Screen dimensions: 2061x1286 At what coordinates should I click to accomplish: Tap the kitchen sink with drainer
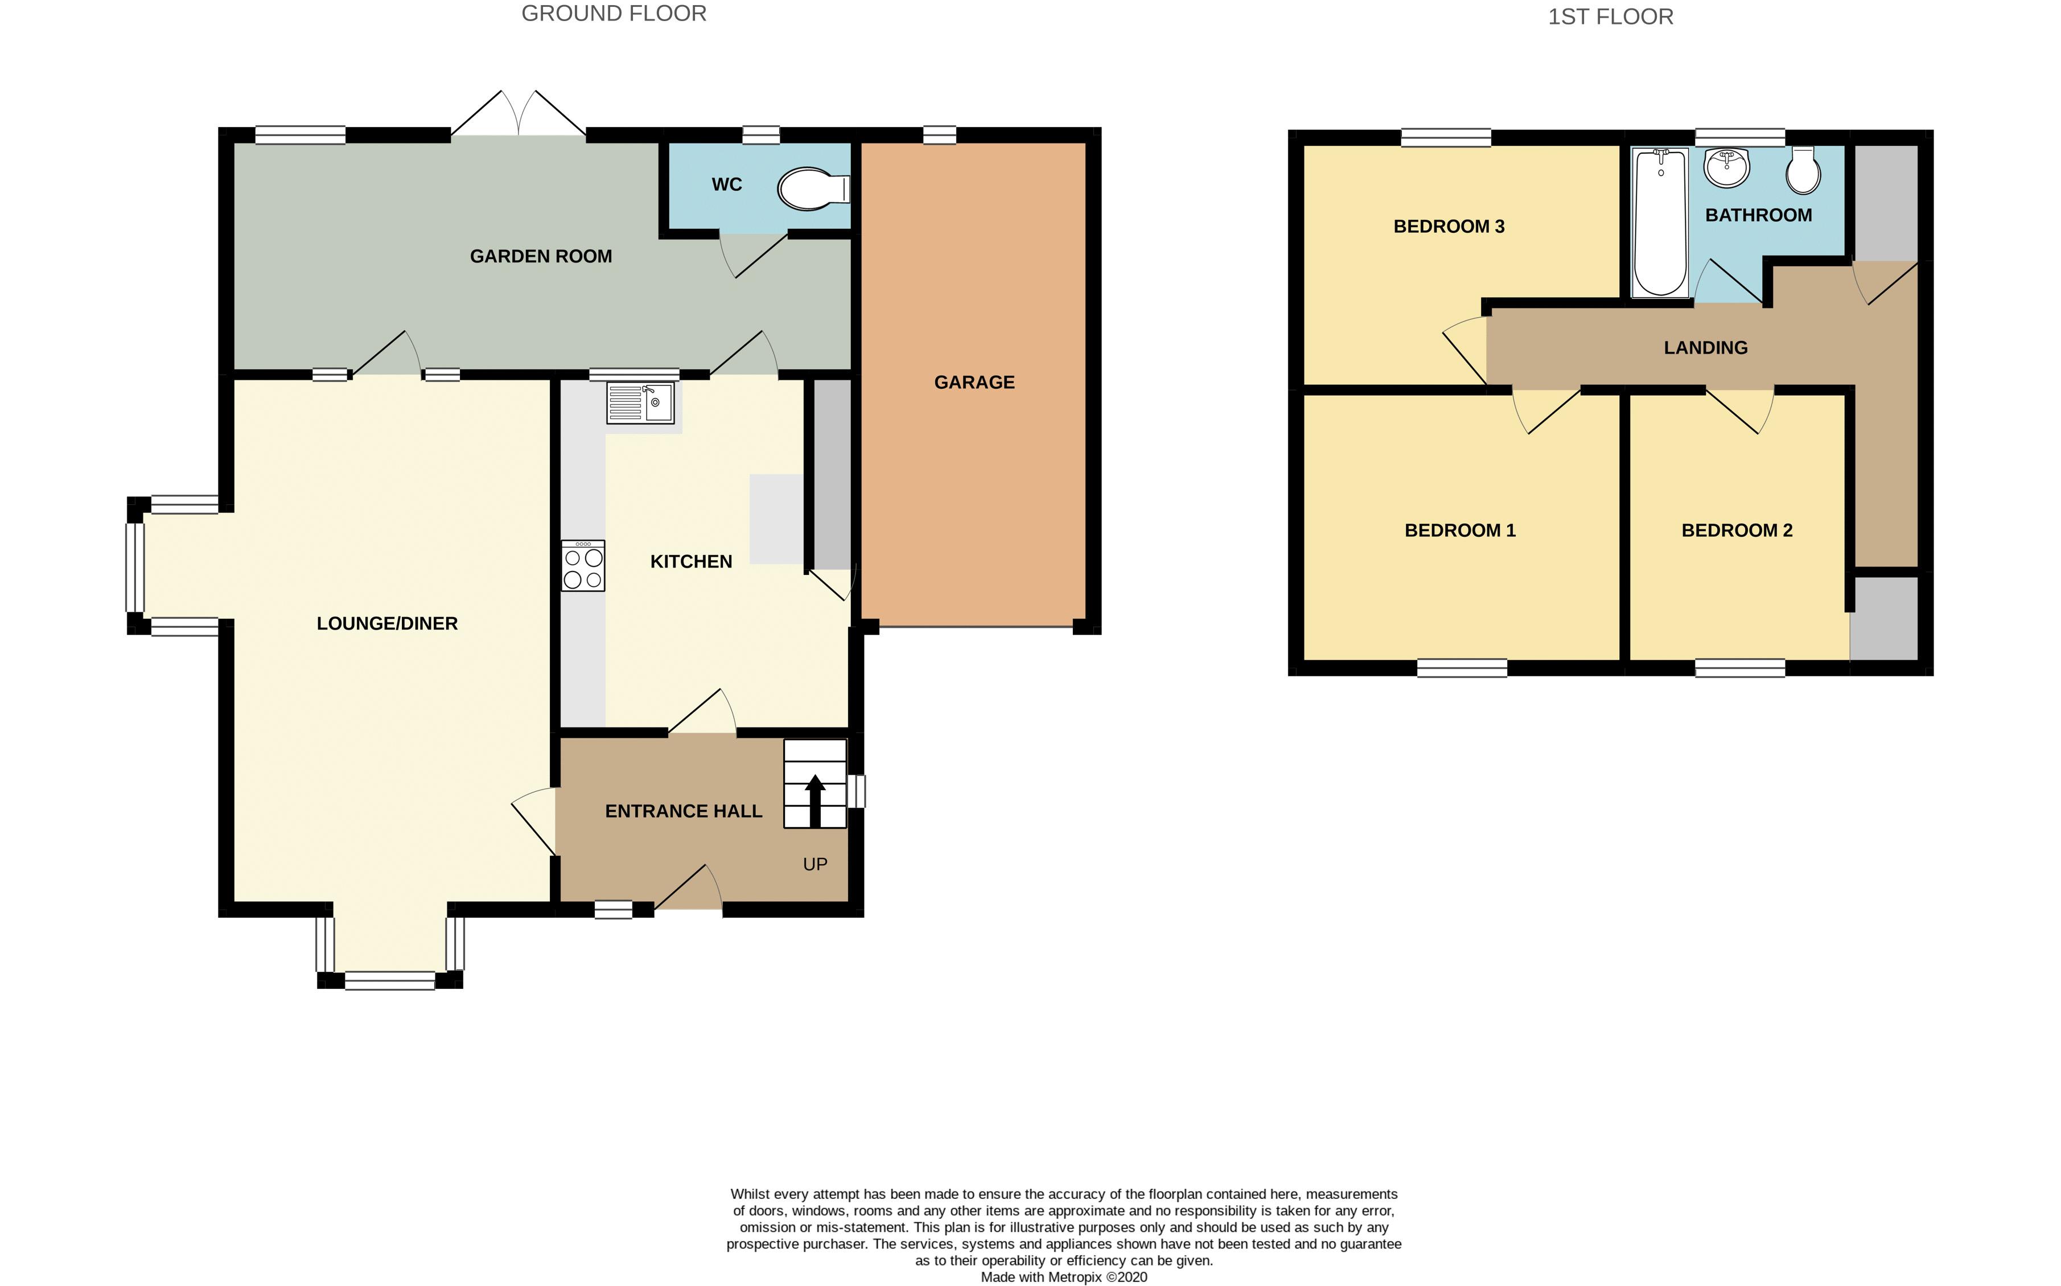point(640,402)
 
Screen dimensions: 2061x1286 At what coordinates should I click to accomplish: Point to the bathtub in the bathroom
point(1660,223)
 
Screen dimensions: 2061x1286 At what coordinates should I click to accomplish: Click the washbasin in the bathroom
point(1726,167)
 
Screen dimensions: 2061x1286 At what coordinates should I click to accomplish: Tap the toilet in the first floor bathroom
point(1803,170)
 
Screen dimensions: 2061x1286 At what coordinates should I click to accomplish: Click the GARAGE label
point(974,383)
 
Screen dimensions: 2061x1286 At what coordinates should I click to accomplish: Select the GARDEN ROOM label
point(541,256)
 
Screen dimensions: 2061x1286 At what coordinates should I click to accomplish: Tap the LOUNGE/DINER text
point(387,623)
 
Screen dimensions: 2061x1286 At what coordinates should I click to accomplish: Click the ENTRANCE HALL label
point(684,811)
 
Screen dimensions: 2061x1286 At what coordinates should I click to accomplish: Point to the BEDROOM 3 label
point(1449,226)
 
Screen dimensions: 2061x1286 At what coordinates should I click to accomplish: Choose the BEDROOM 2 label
point(1737,531)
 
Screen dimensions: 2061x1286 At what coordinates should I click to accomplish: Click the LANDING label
point(1706,348)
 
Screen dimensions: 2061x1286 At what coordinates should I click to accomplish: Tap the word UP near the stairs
point(814,864)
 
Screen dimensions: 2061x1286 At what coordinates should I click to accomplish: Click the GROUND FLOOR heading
point(614,14)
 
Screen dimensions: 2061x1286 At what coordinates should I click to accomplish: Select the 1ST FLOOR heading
point(1610,17)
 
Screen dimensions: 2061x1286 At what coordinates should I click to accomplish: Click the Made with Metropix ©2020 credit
point(1064,1277)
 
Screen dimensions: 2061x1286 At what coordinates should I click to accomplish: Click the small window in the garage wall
point(940,134)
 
